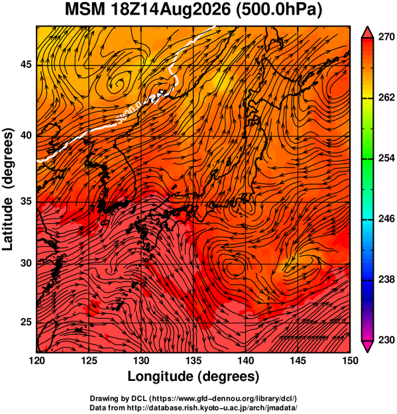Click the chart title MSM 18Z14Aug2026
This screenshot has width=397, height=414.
click(x=148, y=10)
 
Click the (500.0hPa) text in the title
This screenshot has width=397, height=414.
click(x=279, y=10)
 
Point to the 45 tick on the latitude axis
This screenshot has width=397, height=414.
click(x=26, y=64)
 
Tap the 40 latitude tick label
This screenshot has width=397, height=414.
click(x=26, y=135)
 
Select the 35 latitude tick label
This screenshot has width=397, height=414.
click(x=26, y=201)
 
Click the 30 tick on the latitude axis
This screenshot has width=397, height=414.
click(x=26, y=263)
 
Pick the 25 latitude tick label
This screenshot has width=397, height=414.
click(x=26, y=323)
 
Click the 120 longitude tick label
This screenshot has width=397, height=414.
click(x=36, y=360)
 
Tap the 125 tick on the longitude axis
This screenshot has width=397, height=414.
click(x=89, y=360)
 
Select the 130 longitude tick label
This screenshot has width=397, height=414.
click(x=141, y=360)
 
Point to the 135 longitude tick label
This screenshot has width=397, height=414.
click(x=194, y=360)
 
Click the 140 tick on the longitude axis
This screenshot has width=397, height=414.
click(x=246, y=360)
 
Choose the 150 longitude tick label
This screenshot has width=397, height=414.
click(x=350, y=360)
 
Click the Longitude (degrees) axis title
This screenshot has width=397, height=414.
click(x=193, y=376)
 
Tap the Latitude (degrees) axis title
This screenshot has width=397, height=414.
click(x=7, y=189)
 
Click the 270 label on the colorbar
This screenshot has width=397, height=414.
click(x=386, y=37)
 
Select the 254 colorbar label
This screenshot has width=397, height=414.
click(x=386, y=158)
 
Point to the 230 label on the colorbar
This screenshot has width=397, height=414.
click(x=386, y=340)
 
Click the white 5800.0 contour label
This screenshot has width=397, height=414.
click(x=129, y=114)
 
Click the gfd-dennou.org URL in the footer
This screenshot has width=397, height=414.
click(x=224, y=398)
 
